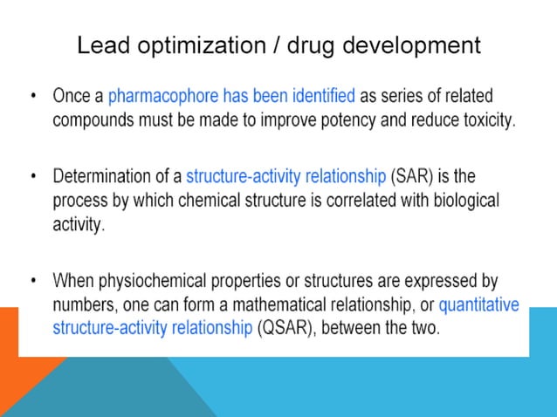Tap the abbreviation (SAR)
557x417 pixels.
tap(409, 176)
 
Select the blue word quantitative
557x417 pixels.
tap(478, 305)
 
